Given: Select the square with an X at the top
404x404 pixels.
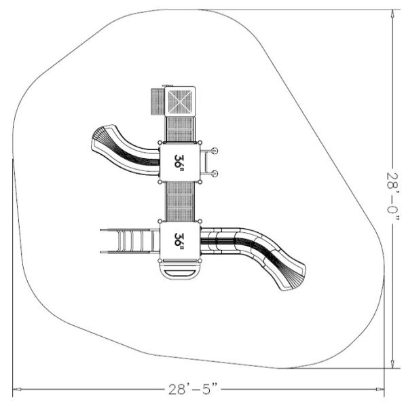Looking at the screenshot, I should click(x=180, y=101).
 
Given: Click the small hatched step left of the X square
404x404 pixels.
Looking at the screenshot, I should click(x=158, y=102).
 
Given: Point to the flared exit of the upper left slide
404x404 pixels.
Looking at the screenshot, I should click(x=99, y=139).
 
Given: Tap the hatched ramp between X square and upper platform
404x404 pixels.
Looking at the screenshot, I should click(x=180, y=129).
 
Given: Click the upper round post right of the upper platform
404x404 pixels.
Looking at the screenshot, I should click(x=215, y=151).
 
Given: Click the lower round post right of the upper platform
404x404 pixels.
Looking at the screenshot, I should click(x=215, y=174).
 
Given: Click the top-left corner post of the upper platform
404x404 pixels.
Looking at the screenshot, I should click(x=160, y=143).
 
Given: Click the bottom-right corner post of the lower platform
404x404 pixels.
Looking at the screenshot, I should click(x=200, y=261).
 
